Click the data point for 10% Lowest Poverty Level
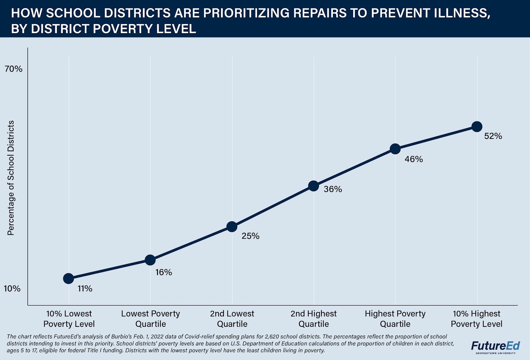[69, 278]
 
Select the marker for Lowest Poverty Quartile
[150, 260]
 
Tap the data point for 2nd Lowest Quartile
[232, 227]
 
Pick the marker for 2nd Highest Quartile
[314, 186]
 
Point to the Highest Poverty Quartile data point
[395, 149]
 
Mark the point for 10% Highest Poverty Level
[477, 126]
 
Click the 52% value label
[493, 136]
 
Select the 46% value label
[414, 159]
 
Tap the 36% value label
[333, 189]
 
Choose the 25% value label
[250, 236]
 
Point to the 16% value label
[164, 272]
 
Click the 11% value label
[85, 288]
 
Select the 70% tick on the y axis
[13, 69]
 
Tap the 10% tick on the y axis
[12, 288]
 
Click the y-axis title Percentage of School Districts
[11, 178]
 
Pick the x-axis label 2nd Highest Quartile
[314, 319]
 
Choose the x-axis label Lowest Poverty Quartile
[150, 319]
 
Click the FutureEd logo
[496, 347]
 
